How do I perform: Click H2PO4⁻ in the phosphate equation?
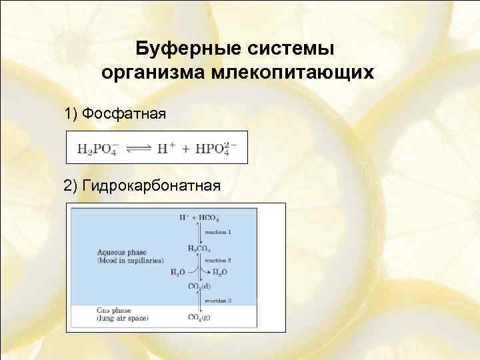(95, 147)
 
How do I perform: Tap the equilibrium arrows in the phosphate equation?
(139, 147)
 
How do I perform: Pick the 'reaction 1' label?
(218, 231)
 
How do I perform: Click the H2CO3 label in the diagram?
(199, 248)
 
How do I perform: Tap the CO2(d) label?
(199, 287)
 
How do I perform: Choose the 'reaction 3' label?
(218, 301)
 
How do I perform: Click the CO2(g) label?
(199, 317)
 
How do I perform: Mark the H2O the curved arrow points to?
(221, 272)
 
